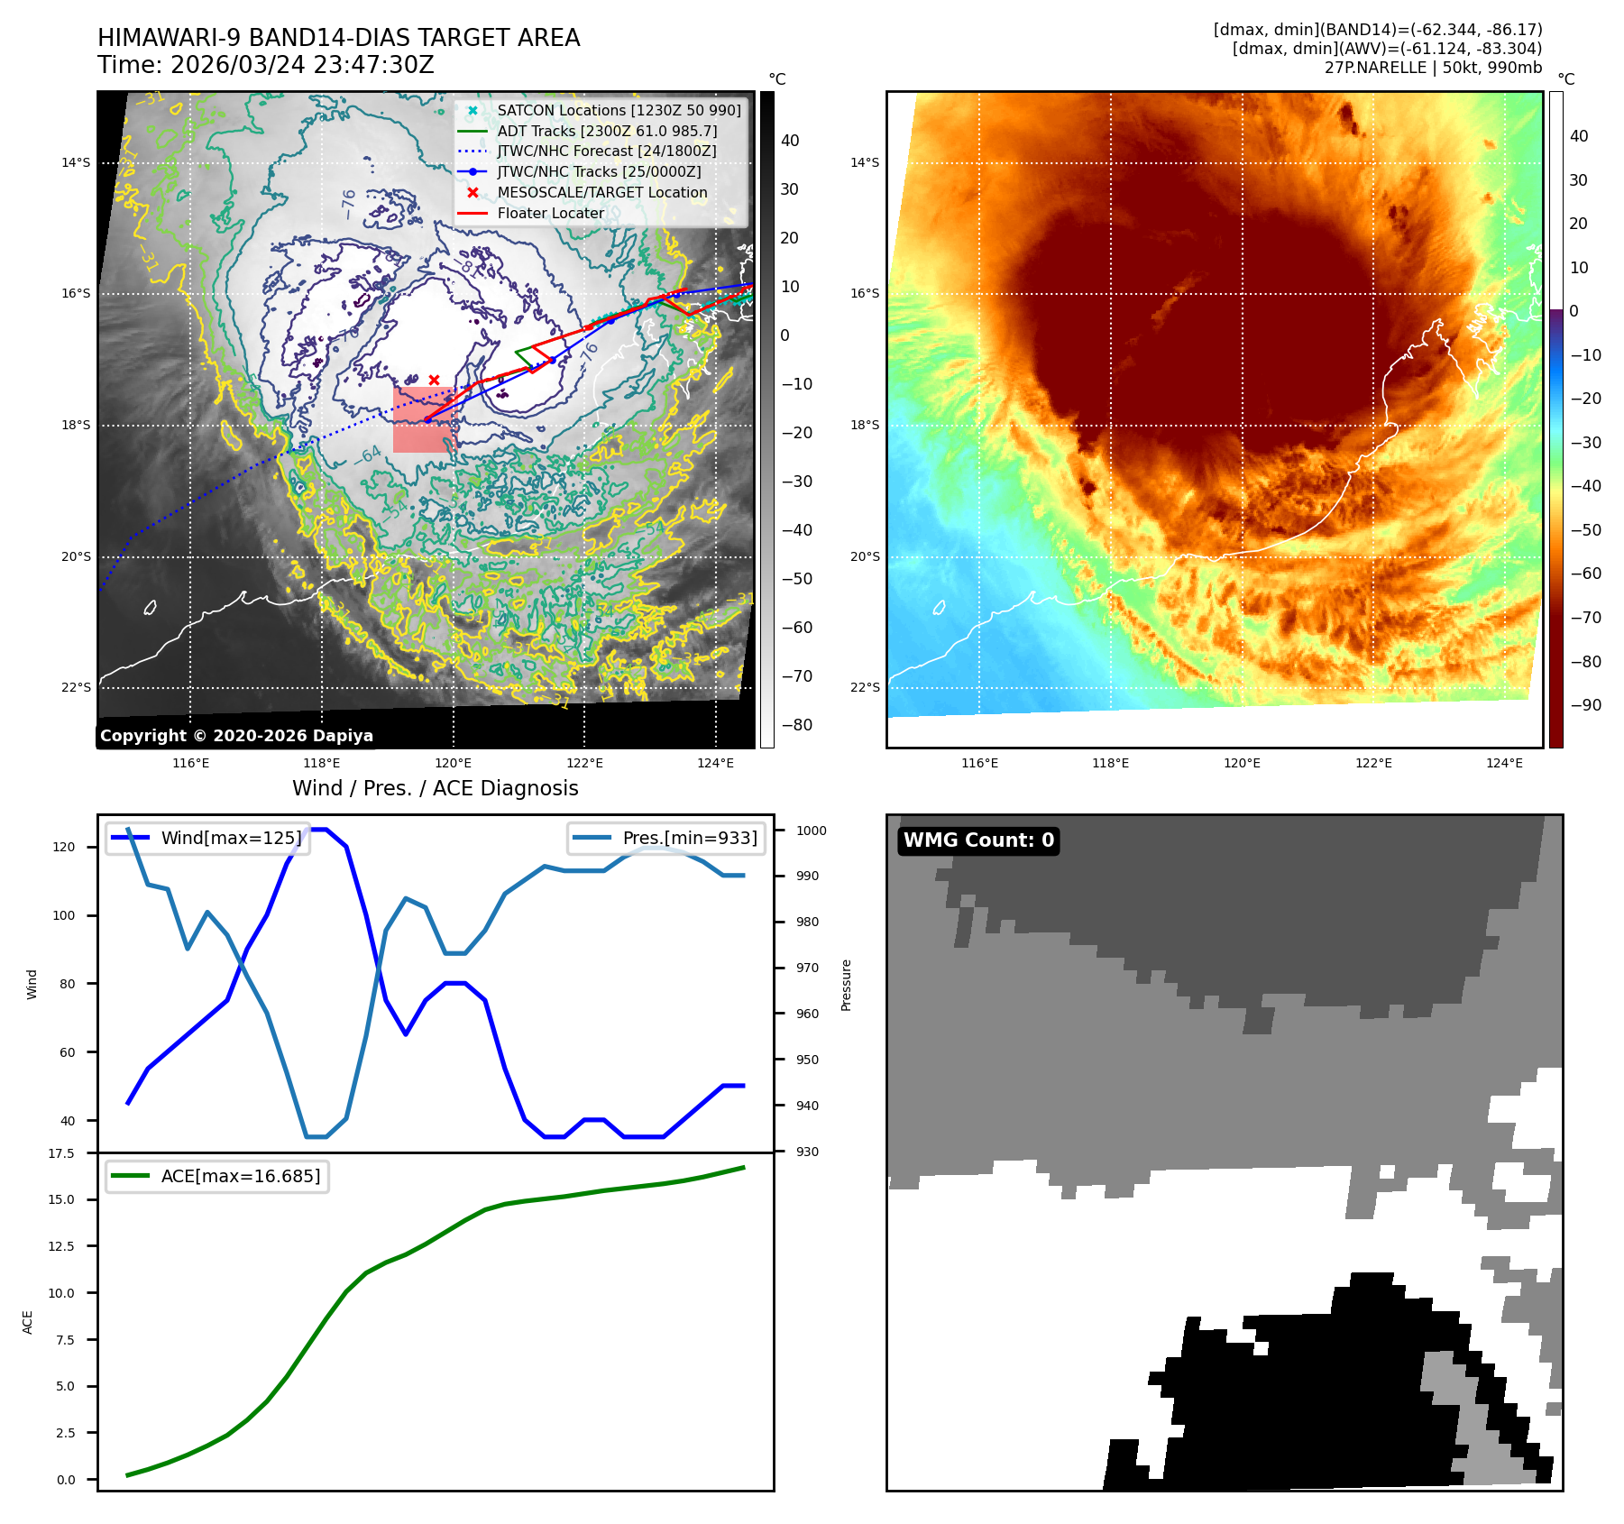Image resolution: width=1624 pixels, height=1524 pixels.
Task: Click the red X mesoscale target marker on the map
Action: click(434, 381)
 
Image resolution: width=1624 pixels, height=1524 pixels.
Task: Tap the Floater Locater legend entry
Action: click(550, 213)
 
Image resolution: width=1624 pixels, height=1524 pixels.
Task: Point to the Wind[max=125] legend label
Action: click(231, 838)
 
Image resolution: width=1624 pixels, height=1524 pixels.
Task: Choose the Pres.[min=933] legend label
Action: click(690, 838)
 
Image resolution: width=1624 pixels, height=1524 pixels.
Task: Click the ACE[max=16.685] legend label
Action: click(240, 1176)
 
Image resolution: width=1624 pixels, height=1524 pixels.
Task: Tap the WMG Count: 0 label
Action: click(978, 840)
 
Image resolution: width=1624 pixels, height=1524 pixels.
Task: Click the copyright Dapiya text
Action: click(236, 736)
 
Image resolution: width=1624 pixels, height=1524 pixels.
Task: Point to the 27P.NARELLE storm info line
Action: click(1433, 68)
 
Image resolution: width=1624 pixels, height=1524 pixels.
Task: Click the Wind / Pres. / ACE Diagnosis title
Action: click(435, 788)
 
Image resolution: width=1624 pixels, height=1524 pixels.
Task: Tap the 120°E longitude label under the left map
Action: click(454, 764)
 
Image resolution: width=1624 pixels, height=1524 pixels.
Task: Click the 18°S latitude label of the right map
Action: click(864, 425)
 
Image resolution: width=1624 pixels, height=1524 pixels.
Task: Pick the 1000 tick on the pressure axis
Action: click(811, 831)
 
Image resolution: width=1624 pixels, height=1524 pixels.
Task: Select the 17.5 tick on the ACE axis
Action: click(61, 1153)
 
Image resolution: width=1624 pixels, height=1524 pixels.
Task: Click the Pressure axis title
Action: click(846, 985)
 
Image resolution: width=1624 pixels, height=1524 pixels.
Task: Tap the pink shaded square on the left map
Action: click(423, 420)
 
